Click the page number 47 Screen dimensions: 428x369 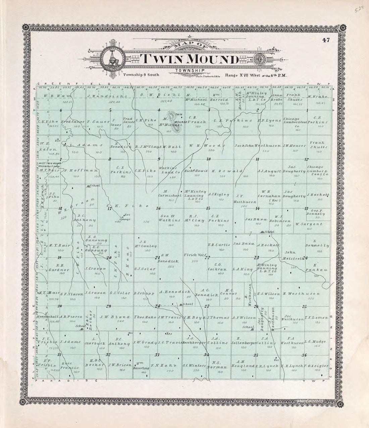(x=326, y=41)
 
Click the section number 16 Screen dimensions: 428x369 (x=158, y=208)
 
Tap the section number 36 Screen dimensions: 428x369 (x=304, y=355)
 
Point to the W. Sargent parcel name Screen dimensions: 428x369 (x=308, y=224)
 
